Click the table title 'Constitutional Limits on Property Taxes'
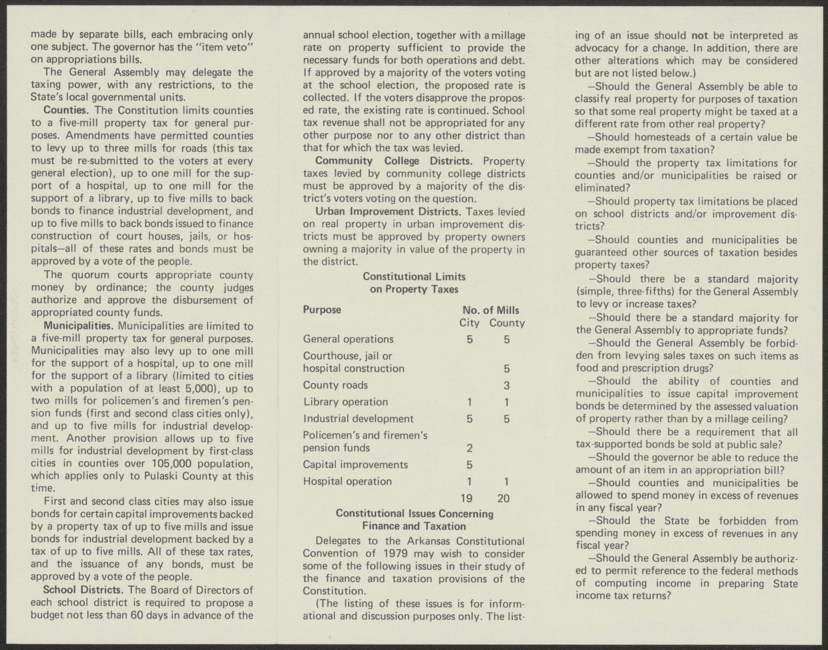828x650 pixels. [x=414, y=283]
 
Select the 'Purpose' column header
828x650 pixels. [x=322, y=310]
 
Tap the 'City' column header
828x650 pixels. [x=470, y=323]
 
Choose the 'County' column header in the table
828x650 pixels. [x=507, y=323]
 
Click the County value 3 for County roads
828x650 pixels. [x=506, y=386]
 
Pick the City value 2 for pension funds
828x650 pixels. [x=470, y=448]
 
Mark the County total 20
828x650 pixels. [x=504, y=498]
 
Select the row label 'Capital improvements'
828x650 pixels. [x=355, y=465]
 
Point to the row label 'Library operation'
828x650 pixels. [x=345, y=402]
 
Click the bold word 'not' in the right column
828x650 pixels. [x=700, y=36]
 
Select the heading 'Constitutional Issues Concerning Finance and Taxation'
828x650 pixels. [x=414, y=519]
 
